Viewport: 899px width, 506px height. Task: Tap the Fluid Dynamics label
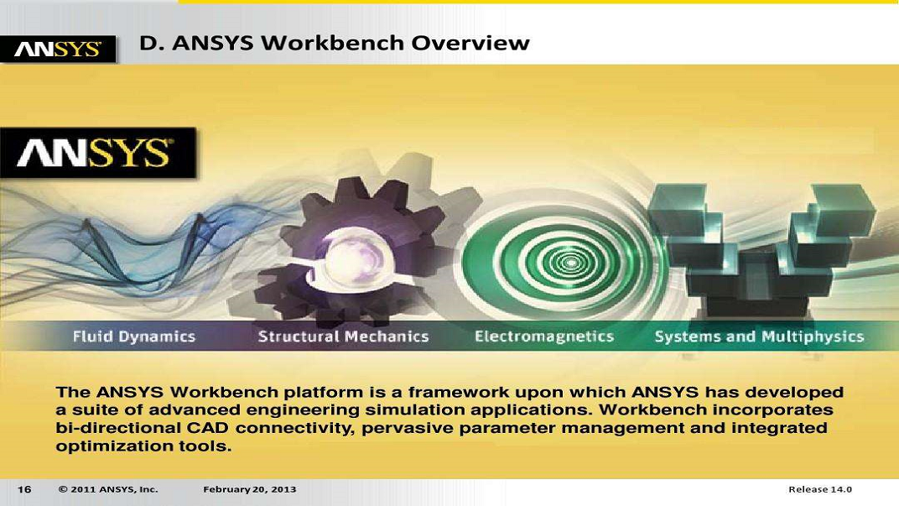pyautogui.click(x=134, y=337)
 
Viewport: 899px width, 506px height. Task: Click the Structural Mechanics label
pyautogui.click(x=343, y=337)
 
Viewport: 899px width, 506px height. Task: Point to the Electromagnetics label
pyautogui.click(x=543, y=337)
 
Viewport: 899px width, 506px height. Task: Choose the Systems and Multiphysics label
pyautogui.click(x=758, y=337)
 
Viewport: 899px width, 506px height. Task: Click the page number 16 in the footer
pyautogui.click(x=24, y=489)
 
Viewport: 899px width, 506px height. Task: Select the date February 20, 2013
pyautogui.click(x=249, y=489)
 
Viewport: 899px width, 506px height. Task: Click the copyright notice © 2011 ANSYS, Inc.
pyautogui.click(x=108, y=489)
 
